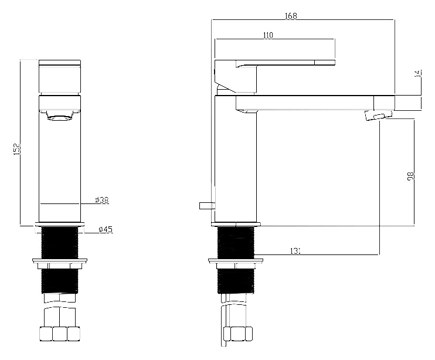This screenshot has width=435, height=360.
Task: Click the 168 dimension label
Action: click(291, 16)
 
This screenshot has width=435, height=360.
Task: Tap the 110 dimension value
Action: click(268, 35)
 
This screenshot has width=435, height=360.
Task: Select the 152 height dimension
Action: click(17, 149)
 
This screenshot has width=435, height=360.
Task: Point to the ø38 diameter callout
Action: click(102, 200)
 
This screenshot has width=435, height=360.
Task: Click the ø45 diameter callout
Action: click(106, 229)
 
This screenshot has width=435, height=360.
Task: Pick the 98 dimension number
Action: click(410, 176)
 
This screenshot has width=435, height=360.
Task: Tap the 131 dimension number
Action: click(295, 251)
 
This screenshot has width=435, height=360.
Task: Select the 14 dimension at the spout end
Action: click(418, 73)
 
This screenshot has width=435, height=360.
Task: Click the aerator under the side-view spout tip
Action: click(379, 115)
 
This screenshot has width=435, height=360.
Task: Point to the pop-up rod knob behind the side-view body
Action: click(207, 206)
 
